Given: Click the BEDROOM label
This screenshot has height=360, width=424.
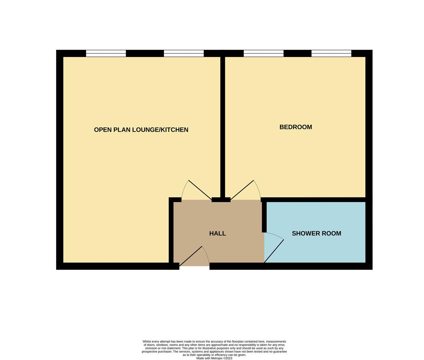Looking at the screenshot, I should click(x=295, y=127).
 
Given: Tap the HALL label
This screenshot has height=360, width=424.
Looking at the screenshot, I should click(x=217, y=233).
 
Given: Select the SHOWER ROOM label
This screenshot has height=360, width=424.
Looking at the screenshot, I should click(x=316, y=233).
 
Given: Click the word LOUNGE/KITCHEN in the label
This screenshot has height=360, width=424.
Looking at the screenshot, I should click(x=160, y=130).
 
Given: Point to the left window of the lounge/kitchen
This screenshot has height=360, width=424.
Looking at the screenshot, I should click(x=106, y=53).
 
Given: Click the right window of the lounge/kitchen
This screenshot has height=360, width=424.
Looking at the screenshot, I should click(x=184, y=53).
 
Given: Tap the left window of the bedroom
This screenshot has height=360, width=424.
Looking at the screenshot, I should click(x=263, y=53).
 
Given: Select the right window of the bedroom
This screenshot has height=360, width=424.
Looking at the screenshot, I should click(x=331, y=53).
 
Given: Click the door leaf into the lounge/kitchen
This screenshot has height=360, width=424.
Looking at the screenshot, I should click(x=200, y=190).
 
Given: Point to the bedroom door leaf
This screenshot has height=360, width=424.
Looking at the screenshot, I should click(x=242, y=190).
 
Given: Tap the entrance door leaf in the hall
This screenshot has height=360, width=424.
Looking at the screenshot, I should click(x=191, y=256).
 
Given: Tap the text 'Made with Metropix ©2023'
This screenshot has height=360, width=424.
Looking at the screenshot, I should click(x=214, y=358).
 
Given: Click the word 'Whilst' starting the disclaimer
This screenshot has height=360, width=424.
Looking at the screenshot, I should click(x=147, y=342).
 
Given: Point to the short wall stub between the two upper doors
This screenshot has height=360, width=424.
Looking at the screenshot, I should click(x=221, y=200).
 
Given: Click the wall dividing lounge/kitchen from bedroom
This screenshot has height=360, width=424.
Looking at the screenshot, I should click(x=223, y=127).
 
